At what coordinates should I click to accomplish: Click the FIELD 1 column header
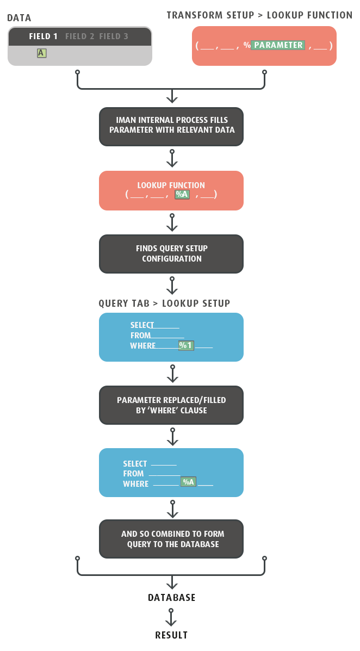(43, 36)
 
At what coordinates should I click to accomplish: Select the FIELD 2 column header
(80, 36)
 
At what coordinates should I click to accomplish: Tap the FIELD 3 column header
(114, 36)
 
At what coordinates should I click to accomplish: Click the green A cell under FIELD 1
(41, 53)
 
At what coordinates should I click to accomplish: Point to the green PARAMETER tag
(278, 45)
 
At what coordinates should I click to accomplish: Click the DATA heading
(19, 18)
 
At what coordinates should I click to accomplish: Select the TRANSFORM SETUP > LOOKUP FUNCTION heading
(259, 15)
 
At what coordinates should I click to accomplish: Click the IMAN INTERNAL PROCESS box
(171, 127)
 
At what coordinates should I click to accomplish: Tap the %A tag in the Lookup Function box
(182, 194)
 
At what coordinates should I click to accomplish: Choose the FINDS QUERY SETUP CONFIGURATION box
(171, 253)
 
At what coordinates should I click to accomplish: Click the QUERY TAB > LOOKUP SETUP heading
(164, 303)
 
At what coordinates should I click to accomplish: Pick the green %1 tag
(186, 345)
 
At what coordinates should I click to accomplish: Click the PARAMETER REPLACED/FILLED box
(171, 405)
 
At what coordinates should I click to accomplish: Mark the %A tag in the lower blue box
(188, 482)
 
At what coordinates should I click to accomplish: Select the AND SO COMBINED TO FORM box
(171, 539)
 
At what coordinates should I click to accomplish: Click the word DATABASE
(171, 598)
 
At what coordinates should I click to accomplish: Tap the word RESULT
(171, 635)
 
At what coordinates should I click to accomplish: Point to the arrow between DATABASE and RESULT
(171, 617)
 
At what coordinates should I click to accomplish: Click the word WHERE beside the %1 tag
(143, 346)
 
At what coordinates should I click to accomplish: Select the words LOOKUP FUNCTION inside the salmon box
(171, 185)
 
